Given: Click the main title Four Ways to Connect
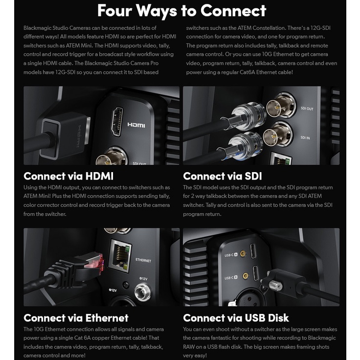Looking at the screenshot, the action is pyautogui.click(x=181, y=11).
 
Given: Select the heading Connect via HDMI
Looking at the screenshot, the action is pyautogui.click(x=68, y=176).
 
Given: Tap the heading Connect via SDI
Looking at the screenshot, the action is pyautogui.click(x=222, y=176).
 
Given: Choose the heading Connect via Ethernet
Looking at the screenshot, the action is pyautogui.click(x=76, y=318).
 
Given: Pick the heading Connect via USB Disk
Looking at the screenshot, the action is pyautogui.click(x=236, y=318).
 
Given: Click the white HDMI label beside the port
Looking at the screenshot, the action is pyautogui.click(x=136, y=125).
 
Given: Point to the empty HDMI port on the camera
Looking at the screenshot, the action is pyautogui.click(x=117, y=121).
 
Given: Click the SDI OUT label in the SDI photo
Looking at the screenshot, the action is pyautogui.click(x=307, y=109).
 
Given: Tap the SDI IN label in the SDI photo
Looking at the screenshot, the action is pyautogui.click(x=305, y=137).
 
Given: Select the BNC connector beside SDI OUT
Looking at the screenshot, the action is pyautogui.click(x=280, y=107).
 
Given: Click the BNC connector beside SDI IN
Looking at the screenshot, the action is pyautogui.click(x=278, y=135).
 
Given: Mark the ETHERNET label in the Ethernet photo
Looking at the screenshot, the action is pyautogui.click(x=143, y=260).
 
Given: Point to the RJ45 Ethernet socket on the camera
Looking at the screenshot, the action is pyautogui.click(x=120, y=255).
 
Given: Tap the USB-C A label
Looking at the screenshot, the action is pyautogui.click(x=231, y=255).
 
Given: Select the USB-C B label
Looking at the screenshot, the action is pyautogui.click(x=231, y=278).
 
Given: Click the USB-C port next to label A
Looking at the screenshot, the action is pyautogui.click(x=253, y=251).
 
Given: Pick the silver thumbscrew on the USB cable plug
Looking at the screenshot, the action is pyautogui.click(x=275, y=286).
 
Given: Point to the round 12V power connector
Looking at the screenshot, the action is pyautogui.click(x=142, y=292).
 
